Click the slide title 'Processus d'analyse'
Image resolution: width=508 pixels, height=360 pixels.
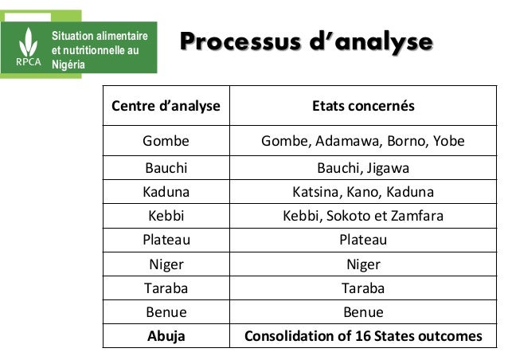tap(307, 41)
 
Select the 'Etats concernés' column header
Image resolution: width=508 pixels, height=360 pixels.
tap(362, 106)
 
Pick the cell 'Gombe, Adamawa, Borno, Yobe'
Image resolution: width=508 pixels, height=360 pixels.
tap(362, 142)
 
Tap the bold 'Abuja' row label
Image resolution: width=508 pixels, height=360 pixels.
tap(166, 335)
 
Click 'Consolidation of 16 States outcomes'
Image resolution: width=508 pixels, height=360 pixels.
tap(362, 335)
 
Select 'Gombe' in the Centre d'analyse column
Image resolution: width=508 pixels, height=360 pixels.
tap(166, 142)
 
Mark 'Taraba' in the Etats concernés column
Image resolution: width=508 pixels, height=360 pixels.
tap(362, 288)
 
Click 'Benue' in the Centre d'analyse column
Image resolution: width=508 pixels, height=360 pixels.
tap(166, 312)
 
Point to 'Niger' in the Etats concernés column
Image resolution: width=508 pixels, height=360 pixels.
tap(362, 264)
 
